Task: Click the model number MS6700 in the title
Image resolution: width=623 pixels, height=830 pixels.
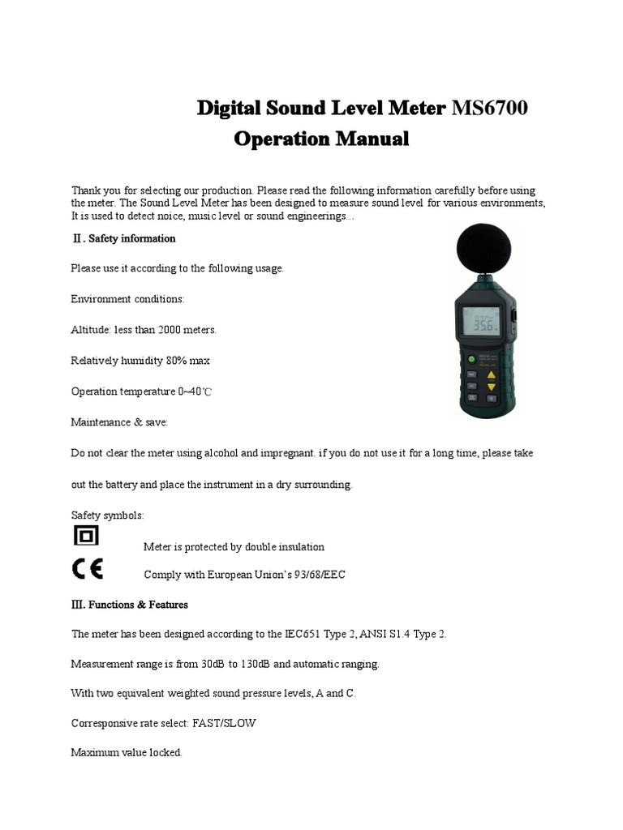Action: tap(489, 108)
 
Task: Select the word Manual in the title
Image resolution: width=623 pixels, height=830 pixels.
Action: tap(369, 139)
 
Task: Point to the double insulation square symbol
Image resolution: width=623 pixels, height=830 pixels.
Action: tap(86, 537)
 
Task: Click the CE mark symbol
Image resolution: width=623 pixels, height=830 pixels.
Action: tap(87, 570)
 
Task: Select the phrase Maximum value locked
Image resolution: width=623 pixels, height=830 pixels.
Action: tap(127, 752)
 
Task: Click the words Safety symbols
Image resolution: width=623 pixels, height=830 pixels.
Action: tap(108, 515)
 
